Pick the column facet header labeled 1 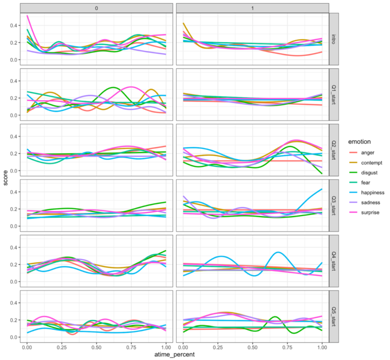[x=252, y=7]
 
